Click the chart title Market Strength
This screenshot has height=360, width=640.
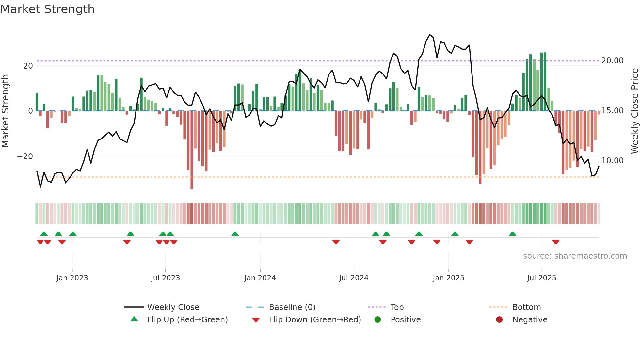47,9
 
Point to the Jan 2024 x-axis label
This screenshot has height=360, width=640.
260,278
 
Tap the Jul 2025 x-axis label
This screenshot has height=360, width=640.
541,278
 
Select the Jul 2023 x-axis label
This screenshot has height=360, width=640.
165,278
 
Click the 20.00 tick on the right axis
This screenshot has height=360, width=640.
612,61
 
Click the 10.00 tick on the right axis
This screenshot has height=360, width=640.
612,161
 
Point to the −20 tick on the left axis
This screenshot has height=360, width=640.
25,156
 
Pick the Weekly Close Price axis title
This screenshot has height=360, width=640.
634,111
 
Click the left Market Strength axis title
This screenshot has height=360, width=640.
6,111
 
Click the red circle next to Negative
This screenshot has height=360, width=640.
499,319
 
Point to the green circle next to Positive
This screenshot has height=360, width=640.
377,319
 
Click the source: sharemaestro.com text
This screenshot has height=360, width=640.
575,256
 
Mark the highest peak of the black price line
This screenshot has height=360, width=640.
430,35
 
